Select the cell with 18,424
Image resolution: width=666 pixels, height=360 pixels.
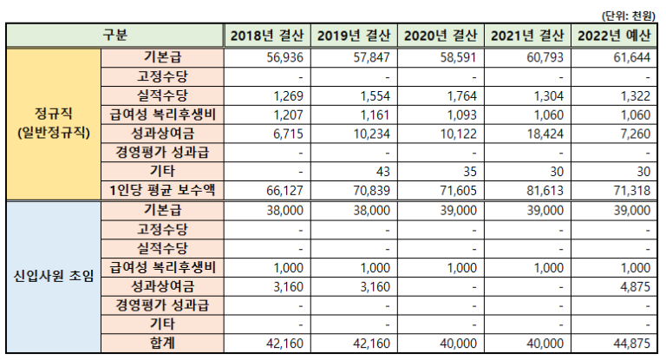tap(547, 134)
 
